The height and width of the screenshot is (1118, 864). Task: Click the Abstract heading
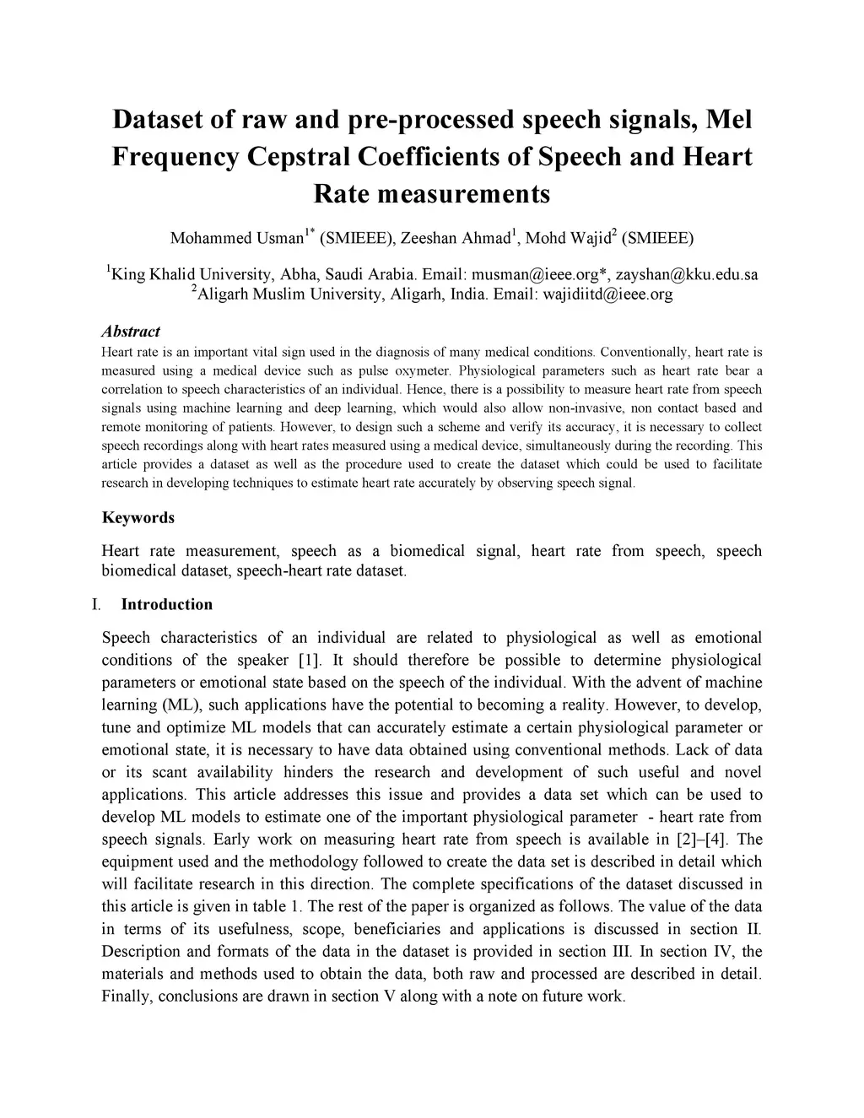pyautogui.click(x=131, y=332)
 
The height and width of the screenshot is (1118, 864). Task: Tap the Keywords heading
pyautogui.click(x=138, y=517)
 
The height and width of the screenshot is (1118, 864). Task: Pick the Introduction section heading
pyautogui.click(x=167, y=604)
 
